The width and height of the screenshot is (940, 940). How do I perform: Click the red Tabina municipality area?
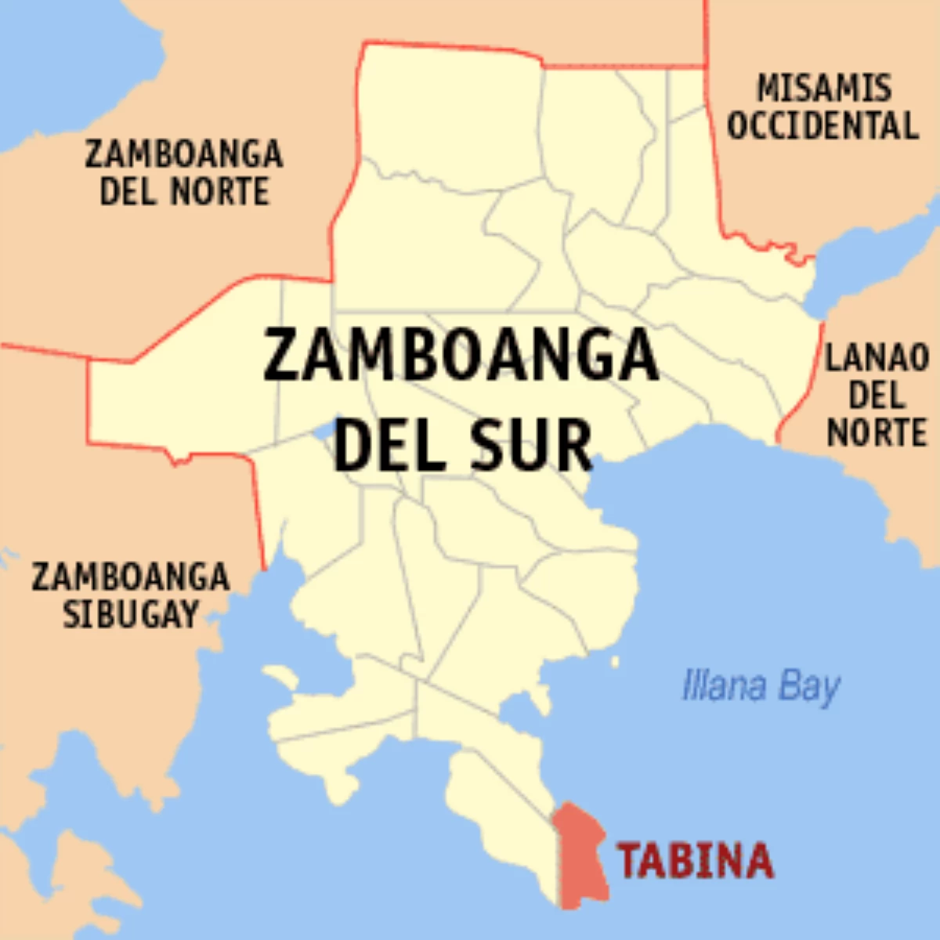pos(580,858)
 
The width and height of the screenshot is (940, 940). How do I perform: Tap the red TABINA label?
pos(696,861)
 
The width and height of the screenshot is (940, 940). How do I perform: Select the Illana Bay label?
pos(761,687)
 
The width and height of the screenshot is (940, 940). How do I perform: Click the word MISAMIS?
pos(823,88)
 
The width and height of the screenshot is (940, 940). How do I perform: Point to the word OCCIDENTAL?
pos(822,126)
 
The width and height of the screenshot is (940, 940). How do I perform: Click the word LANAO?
pos(877,359)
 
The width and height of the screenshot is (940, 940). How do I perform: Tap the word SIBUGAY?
pos(131,614)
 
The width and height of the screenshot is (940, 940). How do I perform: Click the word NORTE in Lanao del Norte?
pos(877,432)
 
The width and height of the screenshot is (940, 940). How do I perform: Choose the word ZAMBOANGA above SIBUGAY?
pos(131,577)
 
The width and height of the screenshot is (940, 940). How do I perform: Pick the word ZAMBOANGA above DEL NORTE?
pos(184,154)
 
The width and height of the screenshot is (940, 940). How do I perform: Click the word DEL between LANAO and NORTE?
pos(877,396)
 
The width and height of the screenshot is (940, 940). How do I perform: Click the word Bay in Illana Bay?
pos(808,688)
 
